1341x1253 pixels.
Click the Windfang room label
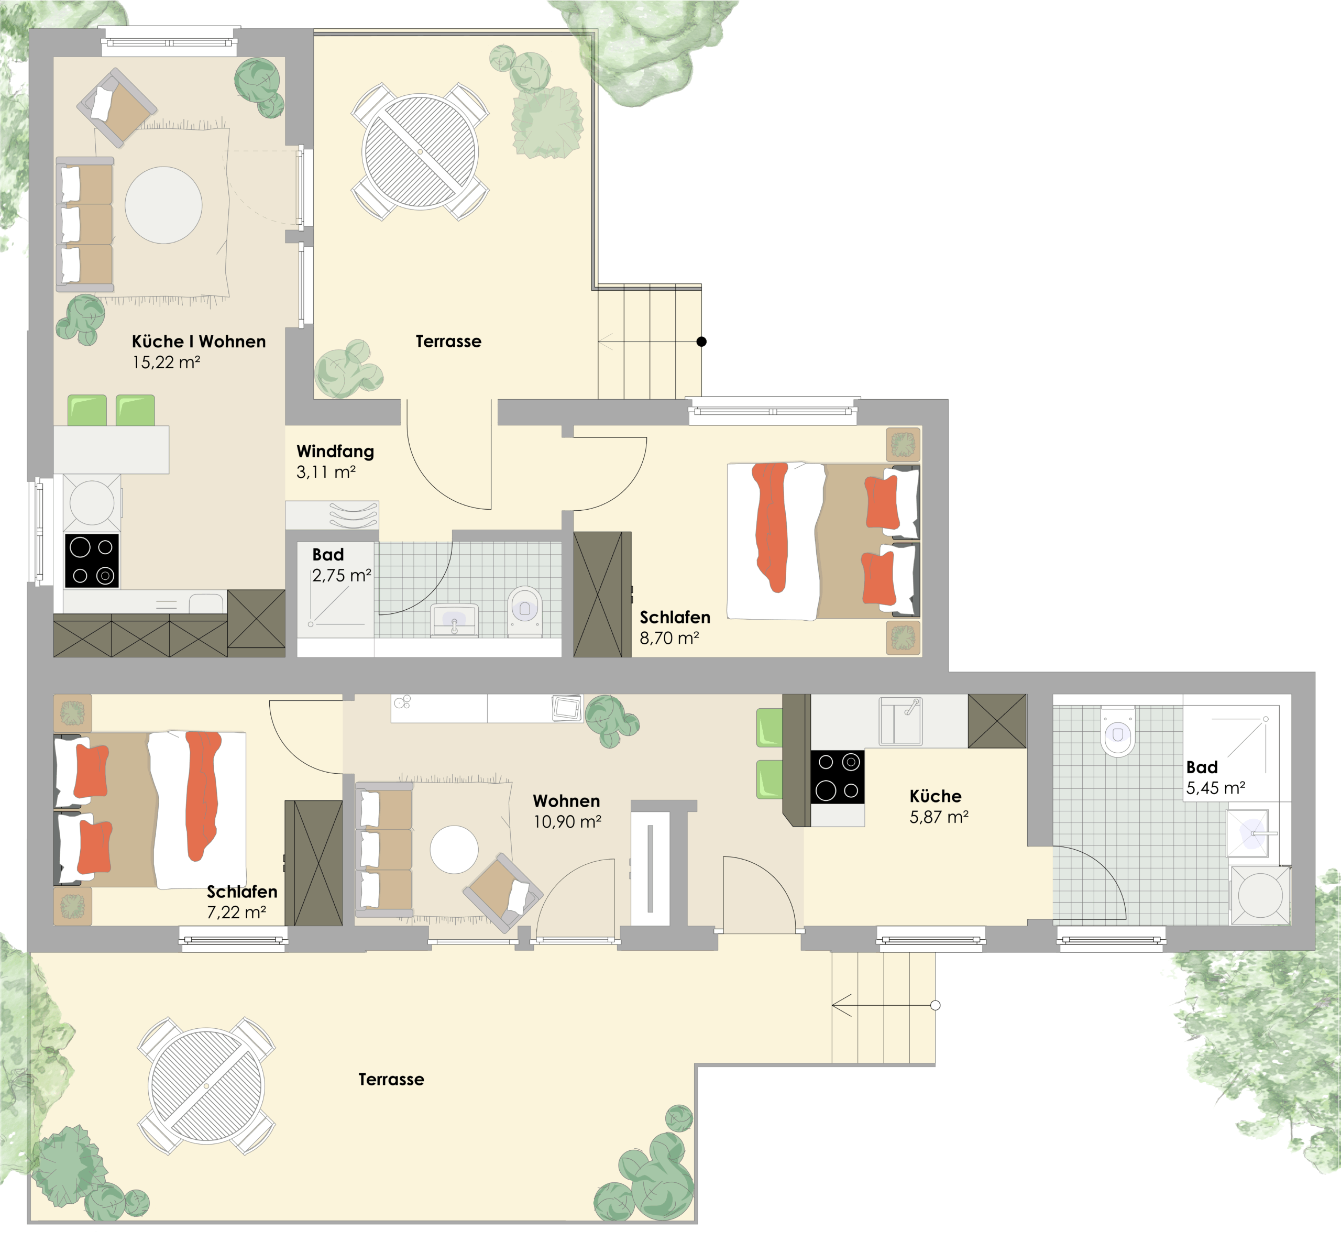(335, 451)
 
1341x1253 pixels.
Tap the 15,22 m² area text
(166, 362)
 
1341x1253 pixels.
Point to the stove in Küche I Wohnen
(92, 561)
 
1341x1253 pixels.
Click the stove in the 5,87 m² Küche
(837, 777)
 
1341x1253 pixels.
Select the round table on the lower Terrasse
(206, 1086)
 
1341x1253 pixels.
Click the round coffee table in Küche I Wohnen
(163, 205)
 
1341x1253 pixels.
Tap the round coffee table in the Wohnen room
(454, 850)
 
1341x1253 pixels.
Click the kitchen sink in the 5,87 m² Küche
(900, 721)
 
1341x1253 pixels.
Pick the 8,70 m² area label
(669, 638)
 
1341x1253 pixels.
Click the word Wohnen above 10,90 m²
(566, 801)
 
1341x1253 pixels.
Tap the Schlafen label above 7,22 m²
(241, 892)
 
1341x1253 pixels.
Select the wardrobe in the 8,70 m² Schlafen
(602, 594)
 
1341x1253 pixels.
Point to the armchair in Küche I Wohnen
(117, 107)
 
